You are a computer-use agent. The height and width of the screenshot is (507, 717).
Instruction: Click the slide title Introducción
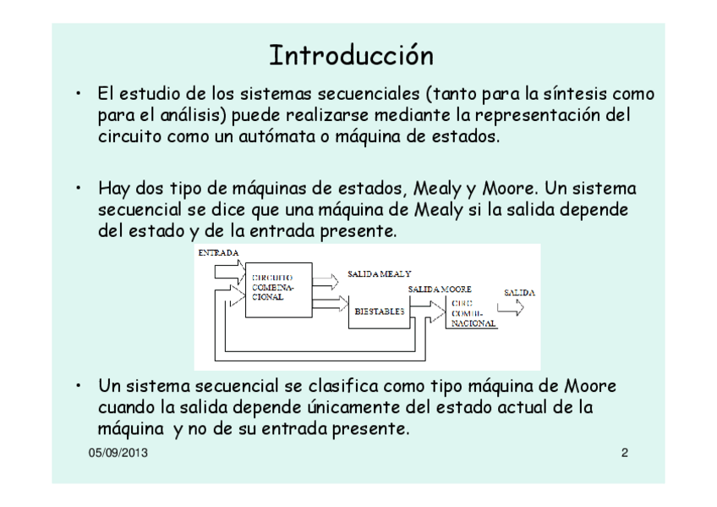(351, 56)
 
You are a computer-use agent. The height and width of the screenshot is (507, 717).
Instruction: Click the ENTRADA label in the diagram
(218, 252)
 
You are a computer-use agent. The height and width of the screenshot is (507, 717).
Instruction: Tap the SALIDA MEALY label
(380, 274)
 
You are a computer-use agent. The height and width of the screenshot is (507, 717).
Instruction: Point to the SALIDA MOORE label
(440, 289)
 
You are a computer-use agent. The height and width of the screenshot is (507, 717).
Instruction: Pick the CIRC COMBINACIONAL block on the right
(473, 313)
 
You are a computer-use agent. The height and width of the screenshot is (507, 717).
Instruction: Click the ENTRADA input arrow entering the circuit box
(228, 272)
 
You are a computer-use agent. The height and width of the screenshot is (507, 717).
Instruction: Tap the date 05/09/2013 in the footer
(118, 453)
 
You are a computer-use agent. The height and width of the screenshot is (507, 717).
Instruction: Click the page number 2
(625, 453)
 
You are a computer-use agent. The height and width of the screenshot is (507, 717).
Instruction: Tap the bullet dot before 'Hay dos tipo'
(77, 188)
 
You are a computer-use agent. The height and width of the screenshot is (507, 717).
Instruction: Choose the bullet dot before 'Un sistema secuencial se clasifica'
(77, 387)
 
